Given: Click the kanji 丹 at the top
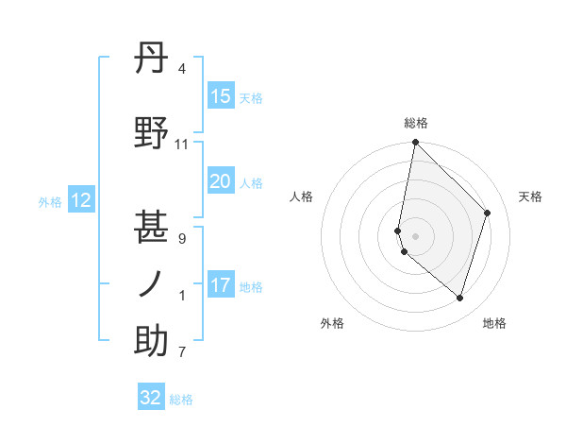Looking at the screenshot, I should pyautogui.click(x=152, y=60).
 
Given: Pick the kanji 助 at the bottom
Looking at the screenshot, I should pyautogui.click(x=152, y=342).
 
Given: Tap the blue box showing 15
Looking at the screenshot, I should pyautogui.click(x=220, y=96).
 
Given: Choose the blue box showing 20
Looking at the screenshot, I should pyautogui.click(x=220, y=181).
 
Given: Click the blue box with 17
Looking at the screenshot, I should pyautogui.click(x=220, y=285).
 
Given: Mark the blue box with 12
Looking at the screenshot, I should pyautogui.click(x=80, y=200).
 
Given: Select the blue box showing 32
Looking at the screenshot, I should pyautogui.click(x=151, y=398).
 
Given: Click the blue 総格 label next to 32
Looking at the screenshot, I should pyautogui.click(x=181, y=400).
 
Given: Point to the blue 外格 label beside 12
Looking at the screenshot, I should pyautogui.click(x=50, y=201).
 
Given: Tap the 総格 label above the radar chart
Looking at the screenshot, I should pyautogui.click(x=416, y=123).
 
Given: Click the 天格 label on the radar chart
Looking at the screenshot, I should pyautogui.click(x=530, y=196).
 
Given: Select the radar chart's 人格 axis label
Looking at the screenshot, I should pyautogui.click(x=301, y=196).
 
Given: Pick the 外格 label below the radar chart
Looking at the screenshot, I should pyautogui.click(x=332, y=324).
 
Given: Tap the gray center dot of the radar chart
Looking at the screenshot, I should pyautogui.click(x=415, y=235).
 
